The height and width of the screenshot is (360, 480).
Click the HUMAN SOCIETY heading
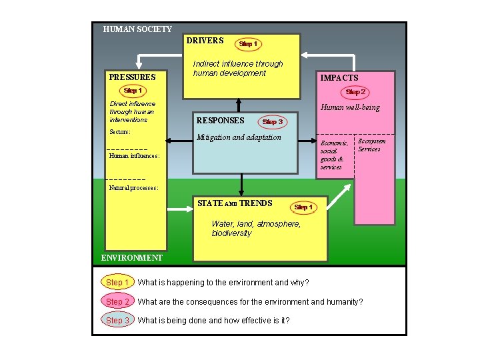click(137, 29)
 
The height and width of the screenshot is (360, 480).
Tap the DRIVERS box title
click(205, 41)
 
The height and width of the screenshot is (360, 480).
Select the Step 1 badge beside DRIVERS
click(247, 44)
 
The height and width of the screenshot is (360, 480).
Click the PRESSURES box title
click(132, 77)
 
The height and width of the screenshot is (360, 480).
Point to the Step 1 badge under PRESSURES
click(133, 91)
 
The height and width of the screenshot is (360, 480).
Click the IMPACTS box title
click(339, 78)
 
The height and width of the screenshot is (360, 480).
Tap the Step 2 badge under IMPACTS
click(355, 92)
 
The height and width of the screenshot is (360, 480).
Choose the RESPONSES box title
click(220, 121)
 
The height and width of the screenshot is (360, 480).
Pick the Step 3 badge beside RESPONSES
click(273, 122)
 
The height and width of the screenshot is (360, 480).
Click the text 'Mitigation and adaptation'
click(238, 137)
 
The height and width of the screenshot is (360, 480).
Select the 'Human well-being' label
click(350, 107)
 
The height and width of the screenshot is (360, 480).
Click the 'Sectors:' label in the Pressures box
click(121, 132)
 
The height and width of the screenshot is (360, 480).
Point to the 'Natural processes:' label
click(133, 188)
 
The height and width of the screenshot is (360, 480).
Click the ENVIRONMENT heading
click(131, 257)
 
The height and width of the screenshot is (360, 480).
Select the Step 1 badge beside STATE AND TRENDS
click(303, 207)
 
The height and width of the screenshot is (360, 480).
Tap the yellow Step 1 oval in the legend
click(117, 283)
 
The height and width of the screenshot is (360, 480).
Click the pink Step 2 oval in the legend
click(117, 302)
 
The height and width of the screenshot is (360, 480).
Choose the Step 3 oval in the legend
click(117, 321)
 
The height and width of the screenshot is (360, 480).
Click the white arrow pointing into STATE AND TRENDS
click(179, 209)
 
